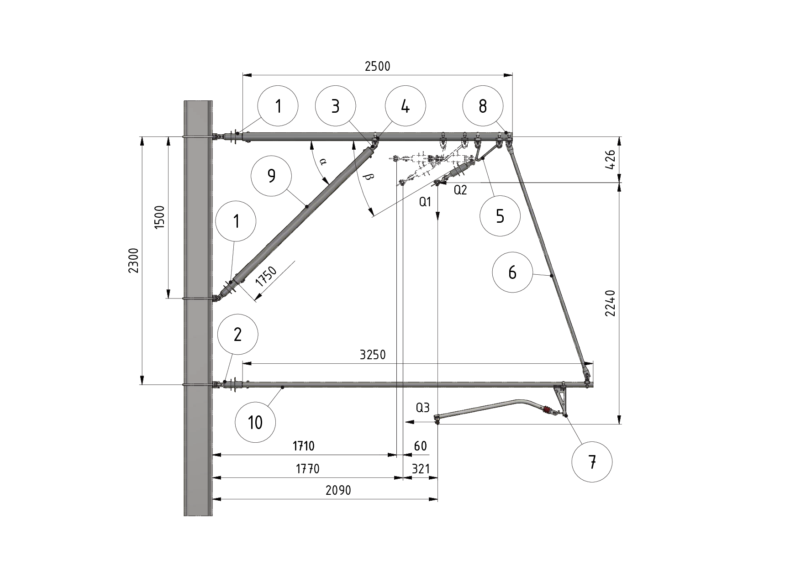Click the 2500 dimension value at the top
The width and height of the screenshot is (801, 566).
378,67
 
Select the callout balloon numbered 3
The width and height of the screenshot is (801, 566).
335,106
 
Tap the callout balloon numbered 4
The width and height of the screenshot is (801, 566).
405,106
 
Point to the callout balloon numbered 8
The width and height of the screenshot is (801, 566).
483,106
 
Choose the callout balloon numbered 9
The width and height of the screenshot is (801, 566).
272,176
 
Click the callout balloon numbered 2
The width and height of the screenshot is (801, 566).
237,335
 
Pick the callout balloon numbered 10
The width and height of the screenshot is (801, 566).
255,423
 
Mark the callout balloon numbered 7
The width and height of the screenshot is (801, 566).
592,462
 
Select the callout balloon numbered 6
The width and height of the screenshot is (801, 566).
512,273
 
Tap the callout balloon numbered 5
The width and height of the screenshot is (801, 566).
500,216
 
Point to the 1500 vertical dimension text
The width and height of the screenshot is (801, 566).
159,217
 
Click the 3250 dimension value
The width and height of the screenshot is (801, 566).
373,355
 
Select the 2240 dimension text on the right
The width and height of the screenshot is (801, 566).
611,303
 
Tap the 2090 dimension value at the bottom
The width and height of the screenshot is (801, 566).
338,491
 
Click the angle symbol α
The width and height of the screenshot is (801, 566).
323,161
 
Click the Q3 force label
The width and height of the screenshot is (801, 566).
423,408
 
